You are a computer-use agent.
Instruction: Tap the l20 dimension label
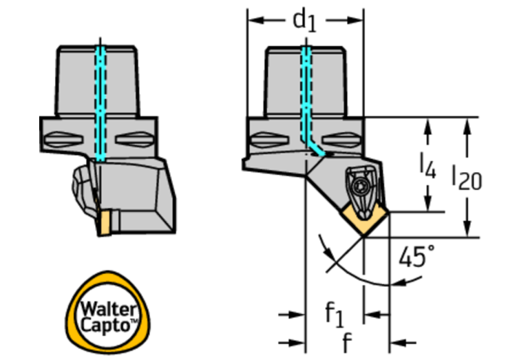coord(467,178)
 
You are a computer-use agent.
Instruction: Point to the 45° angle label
coord(416,256)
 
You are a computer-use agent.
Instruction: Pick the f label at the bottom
coord(347,343)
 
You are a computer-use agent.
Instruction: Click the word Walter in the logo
coord(109,309)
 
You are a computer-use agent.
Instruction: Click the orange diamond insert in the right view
coord(364,220)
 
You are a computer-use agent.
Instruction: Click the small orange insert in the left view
coord(105,222)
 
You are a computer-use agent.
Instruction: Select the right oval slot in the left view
coord(135,139)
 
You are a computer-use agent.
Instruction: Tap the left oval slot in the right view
coord(270,140)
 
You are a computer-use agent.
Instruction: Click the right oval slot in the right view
coord(341,140)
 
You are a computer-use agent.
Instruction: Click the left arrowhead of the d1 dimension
coord(255,21)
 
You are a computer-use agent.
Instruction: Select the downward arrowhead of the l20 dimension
coord(467,229)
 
